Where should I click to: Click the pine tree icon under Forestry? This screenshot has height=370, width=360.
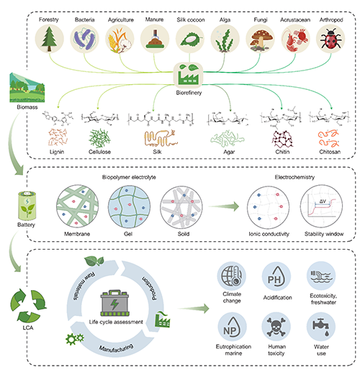49,39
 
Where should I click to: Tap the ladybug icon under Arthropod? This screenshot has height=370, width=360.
331,39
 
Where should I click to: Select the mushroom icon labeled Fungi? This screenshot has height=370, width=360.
261,39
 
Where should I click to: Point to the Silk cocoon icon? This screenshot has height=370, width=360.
190,39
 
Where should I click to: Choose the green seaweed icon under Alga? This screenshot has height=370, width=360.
225,39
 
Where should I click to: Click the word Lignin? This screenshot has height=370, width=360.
57,152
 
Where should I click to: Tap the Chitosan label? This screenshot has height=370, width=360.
330,152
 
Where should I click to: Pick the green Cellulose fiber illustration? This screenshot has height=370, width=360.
99,138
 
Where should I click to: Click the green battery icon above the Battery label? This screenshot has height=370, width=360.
27,206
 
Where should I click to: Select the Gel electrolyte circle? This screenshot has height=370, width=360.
129,207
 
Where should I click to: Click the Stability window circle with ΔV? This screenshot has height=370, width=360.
322,207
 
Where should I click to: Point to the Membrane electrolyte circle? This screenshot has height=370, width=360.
78,207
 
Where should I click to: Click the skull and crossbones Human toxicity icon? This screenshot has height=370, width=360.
276,327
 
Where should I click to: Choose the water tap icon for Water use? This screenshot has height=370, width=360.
321,327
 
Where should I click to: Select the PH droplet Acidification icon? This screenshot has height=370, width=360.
276,276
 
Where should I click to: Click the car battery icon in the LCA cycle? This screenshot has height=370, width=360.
115,303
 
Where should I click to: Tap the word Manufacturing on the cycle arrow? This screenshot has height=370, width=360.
116,348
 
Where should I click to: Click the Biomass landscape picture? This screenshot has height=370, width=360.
27,88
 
